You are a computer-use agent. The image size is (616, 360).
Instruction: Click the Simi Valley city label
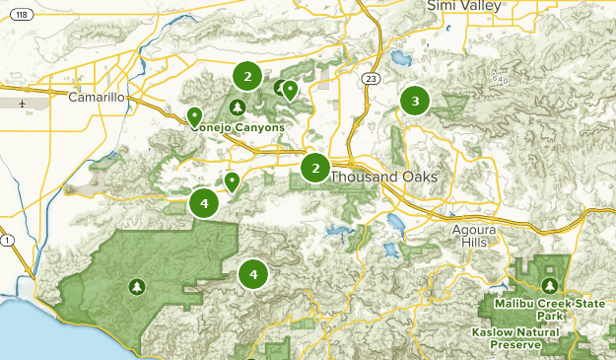pos(464,7)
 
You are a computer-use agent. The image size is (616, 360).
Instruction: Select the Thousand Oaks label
pos(382,177)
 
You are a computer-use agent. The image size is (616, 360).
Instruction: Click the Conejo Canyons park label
pos(239,126)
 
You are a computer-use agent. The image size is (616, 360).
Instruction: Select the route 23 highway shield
pos(370,79)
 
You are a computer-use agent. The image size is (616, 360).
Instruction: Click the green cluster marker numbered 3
pos(415,101)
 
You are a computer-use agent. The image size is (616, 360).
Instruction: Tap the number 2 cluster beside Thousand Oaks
pos(315,168)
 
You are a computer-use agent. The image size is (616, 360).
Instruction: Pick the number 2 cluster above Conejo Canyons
pos(247,75)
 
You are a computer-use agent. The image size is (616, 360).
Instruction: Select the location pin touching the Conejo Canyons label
pos(195,117)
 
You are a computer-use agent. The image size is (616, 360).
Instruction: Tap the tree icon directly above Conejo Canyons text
pos(237,107)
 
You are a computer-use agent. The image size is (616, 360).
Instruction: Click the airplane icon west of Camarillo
pos(22,102)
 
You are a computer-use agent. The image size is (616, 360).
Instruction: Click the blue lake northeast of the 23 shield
pos(400,58)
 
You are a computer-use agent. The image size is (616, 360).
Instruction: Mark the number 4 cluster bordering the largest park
pos(204,203)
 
